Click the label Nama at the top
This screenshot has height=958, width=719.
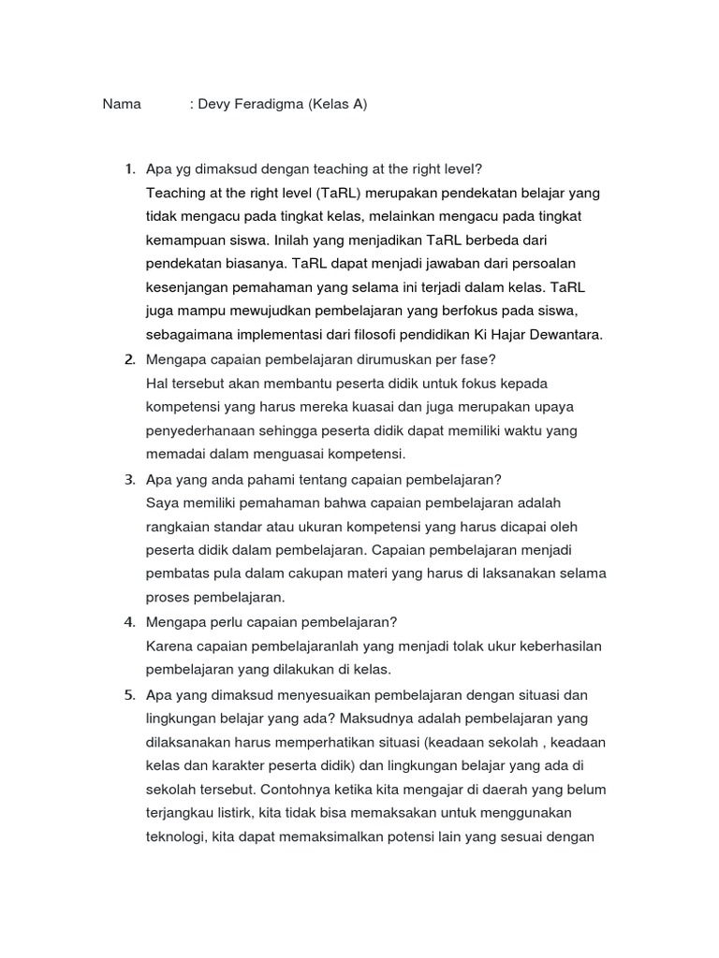[x=122, y=104]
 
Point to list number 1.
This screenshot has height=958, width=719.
[x=130, y=169]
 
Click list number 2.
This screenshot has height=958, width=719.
[x=130, y=359]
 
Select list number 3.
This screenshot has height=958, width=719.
[x=130, y=479]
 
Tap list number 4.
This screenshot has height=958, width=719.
[x=130, y=622]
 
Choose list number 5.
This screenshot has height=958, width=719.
[x=130, y=694]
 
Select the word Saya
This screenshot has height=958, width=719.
[x=163, y=502]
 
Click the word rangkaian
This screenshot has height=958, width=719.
[x=178, y=527]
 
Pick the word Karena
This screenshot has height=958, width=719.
[x=169, y=646]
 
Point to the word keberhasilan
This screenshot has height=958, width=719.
[x=558, y=646]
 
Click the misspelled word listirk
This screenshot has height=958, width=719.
[x=243, y=812]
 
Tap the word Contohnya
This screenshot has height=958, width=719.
[x=293, y=789]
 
